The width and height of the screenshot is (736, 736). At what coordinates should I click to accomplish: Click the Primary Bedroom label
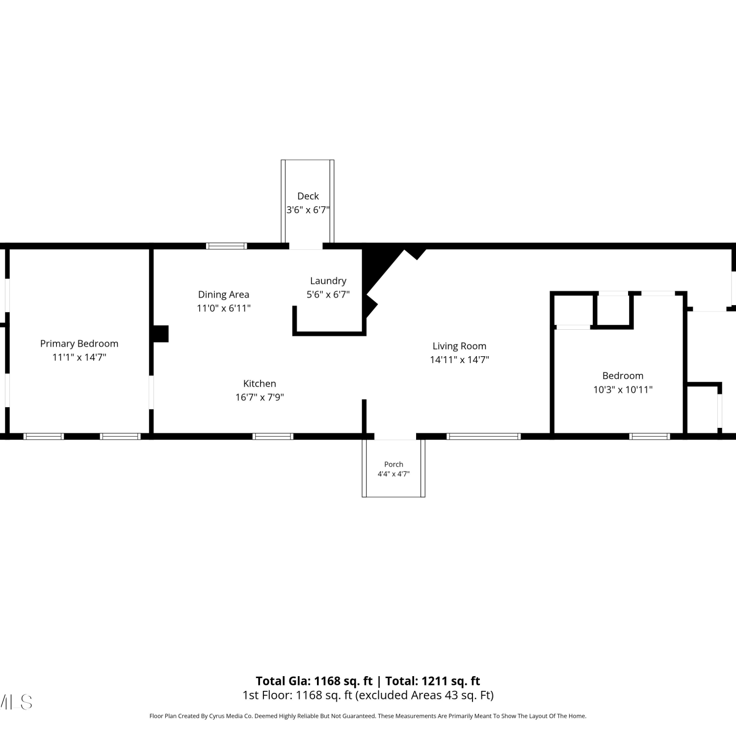coord(79,343)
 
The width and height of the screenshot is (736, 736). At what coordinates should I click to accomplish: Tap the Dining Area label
coord(224,294)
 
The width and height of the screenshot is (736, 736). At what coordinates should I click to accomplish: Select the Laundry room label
coord(328,281)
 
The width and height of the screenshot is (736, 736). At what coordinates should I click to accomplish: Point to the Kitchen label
coord(260,384)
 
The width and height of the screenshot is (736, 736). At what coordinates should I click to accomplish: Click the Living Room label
coord(459,346)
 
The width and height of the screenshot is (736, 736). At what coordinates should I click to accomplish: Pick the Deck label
coord(308,196)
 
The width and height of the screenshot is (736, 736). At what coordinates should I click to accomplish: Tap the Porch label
coord(394,464)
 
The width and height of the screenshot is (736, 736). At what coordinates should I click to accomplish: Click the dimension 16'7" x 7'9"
coord(260,397)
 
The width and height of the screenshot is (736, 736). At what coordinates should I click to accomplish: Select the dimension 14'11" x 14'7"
coord(459,360)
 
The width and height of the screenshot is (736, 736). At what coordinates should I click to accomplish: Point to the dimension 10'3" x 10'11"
coord(623,390)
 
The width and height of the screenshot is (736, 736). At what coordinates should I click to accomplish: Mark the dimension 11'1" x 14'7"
coord(79,357)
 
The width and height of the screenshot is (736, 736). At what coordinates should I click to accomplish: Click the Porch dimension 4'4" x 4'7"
coord(394,474)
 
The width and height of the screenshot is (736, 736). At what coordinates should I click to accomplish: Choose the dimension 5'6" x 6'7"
coord(328,294)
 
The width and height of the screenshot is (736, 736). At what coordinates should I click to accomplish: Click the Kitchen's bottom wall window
coord(273,436)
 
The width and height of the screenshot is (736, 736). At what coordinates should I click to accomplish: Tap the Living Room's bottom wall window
coord(483,436)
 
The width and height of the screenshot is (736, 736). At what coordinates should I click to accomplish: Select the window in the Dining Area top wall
coord(226,246)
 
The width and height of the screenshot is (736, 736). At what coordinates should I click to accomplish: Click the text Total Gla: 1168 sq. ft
coord(314,681)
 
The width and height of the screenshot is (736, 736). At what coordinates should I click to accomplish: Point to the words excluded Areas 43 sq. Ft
coord(424,695)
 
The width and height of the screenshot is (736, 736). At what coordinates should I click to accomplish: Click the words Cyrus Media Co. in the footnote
coord(230,716)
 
